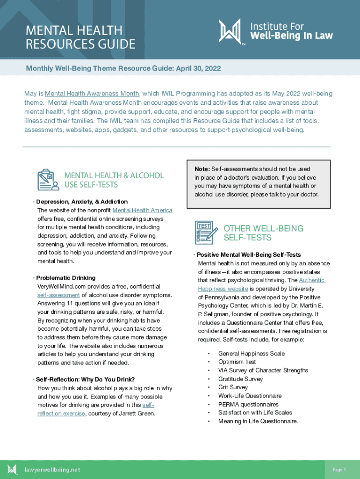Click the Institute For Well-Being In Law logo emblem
[230, 31]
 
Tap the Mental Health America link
[142, 210]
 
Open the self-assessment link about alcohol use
[58, 295]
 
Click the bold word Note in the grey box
[202, 169]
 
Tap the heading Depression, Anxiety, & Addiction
[82, 202]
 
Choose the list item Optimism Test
[237, 362]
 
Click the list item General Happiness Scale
[251, 354]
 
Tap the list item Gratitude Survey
[240, 379]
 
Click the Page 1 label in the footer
[339, 470]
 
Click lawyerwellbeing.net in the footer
[52, 470]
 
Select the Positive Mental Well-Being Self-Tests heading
[249, 255]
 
